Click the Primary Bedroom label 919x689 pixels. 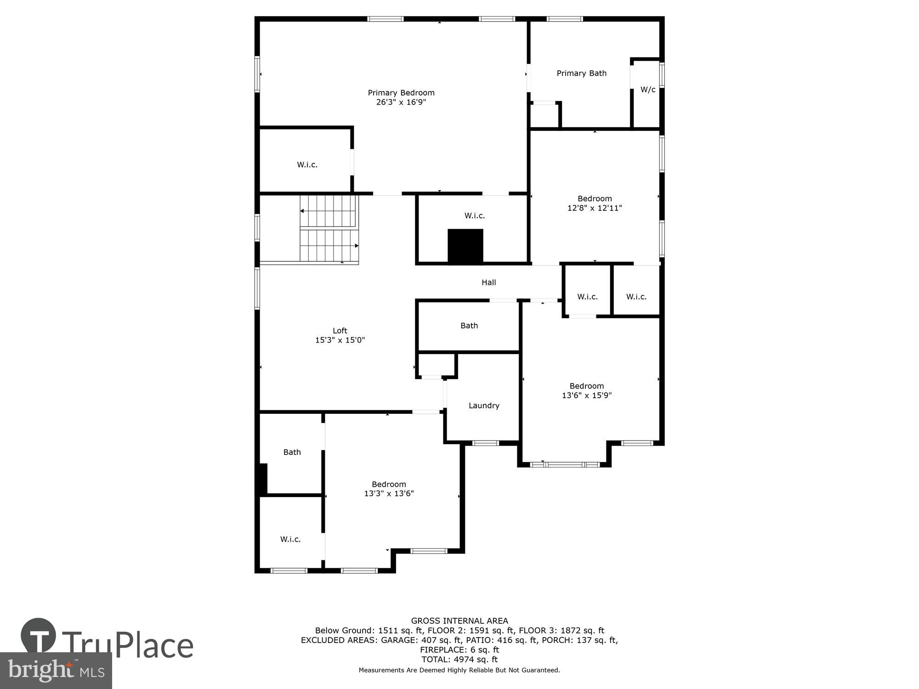pos(401,93)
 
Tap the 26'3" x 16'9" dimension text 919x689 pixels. pos(401,102)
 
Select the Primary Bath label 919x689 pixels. pos(581,73)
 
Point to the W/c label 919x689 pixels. pos(648,90)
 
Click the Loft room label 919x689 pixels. pos(340,331)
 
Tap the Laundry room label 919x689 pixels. pos(484,406)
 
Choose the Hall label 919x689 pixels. pos(488,282)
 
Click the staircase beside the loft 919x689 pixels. pos(329,229)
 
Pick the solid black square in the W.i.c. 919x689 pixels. pos(465,246)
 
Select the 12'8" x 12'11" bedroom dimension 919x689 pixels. pos(595,208)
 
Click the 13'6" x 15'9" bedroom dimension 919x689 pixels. pos(587,395)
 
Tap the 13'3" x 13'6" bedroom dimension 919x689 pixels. pos(389,494)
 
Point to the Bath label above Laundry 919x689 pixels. pos(469,326)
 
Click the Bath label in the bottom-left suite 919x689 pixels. pos(292,452)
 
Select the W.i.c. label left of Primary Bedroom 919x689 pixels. pos(307,164)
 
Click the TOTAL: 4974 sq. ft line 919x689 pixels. pos(459,660)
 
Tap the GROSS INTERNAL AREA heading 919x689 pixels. pos(459,621)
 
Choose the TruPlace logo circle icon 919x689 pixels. pos(39,636)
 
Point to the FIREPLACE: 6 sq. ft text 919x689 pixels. pos(459,650)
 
